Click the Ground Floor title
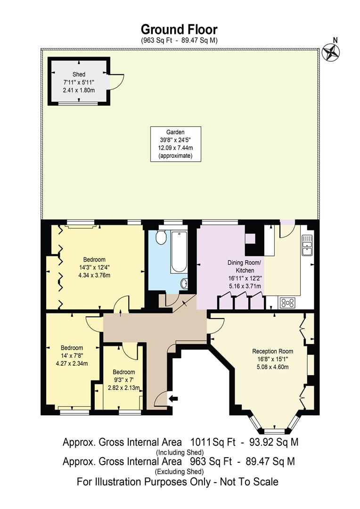tap(180, 30)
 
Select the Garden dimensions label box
tap(176, 144)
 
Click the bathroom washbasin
tap(184, 283)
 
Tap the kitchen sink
tap(307, 245)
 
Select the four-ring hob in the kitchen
tap(287, 303)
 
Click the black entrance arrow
tap(173, 399)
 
